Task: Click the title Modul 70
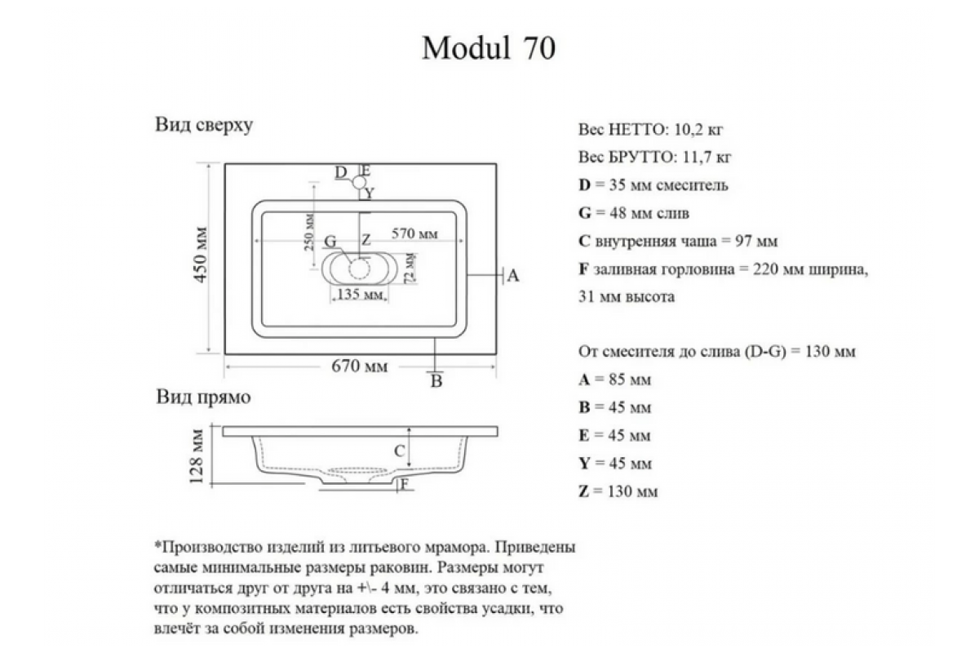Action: [489, 48]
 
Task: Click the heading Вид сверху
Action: [204, 126]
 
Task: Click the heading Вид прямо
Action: [203, 398]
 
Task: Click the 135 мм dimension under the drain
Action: [361, 294]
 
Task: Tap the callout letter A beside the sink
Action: [513, 276]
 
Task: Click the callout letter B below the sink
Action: [436, 380]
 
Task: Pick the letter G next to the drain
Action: [330, 242]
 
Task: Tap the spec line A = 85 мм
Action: [615, 380]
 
